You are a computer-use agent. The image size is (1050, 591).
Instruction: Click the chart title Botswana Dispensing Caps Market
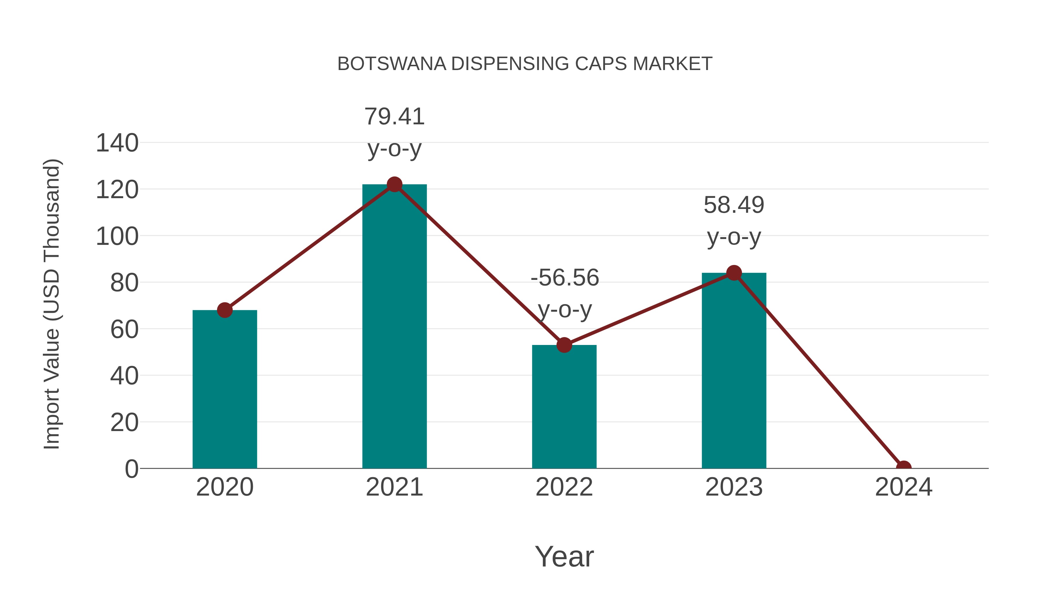click(525, 64)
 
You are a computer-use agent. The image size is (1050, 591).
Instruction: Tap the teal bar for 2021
click(394, 326)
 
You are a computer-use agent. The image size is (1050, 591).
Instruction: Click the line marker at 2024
click(904, 468)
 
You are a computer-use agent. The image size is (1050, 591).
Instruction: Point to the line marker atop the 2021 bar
click(394, 184)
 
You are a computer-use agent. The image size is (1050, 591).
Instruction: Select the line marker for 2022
click(564, 345)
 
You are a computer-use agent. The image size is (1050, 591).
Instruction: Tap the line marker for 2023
click(734, 273)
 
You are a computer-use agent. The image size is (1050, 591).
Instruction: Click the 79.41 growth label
click(394, 117)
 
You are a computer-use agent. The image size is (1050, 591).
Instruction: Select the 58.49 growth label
click(734, 205)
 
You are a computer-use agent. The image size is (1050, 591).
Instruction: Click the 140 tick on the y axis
click(117, 143)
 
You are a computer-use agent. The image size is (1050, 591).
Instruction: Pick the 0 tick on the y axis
click(131, 469)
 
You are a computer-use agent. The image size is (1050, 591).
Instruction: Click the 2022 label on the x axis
click(564, 487)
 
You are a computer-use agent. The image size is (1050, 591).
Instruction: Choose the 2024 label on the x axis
click(904, 487)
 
